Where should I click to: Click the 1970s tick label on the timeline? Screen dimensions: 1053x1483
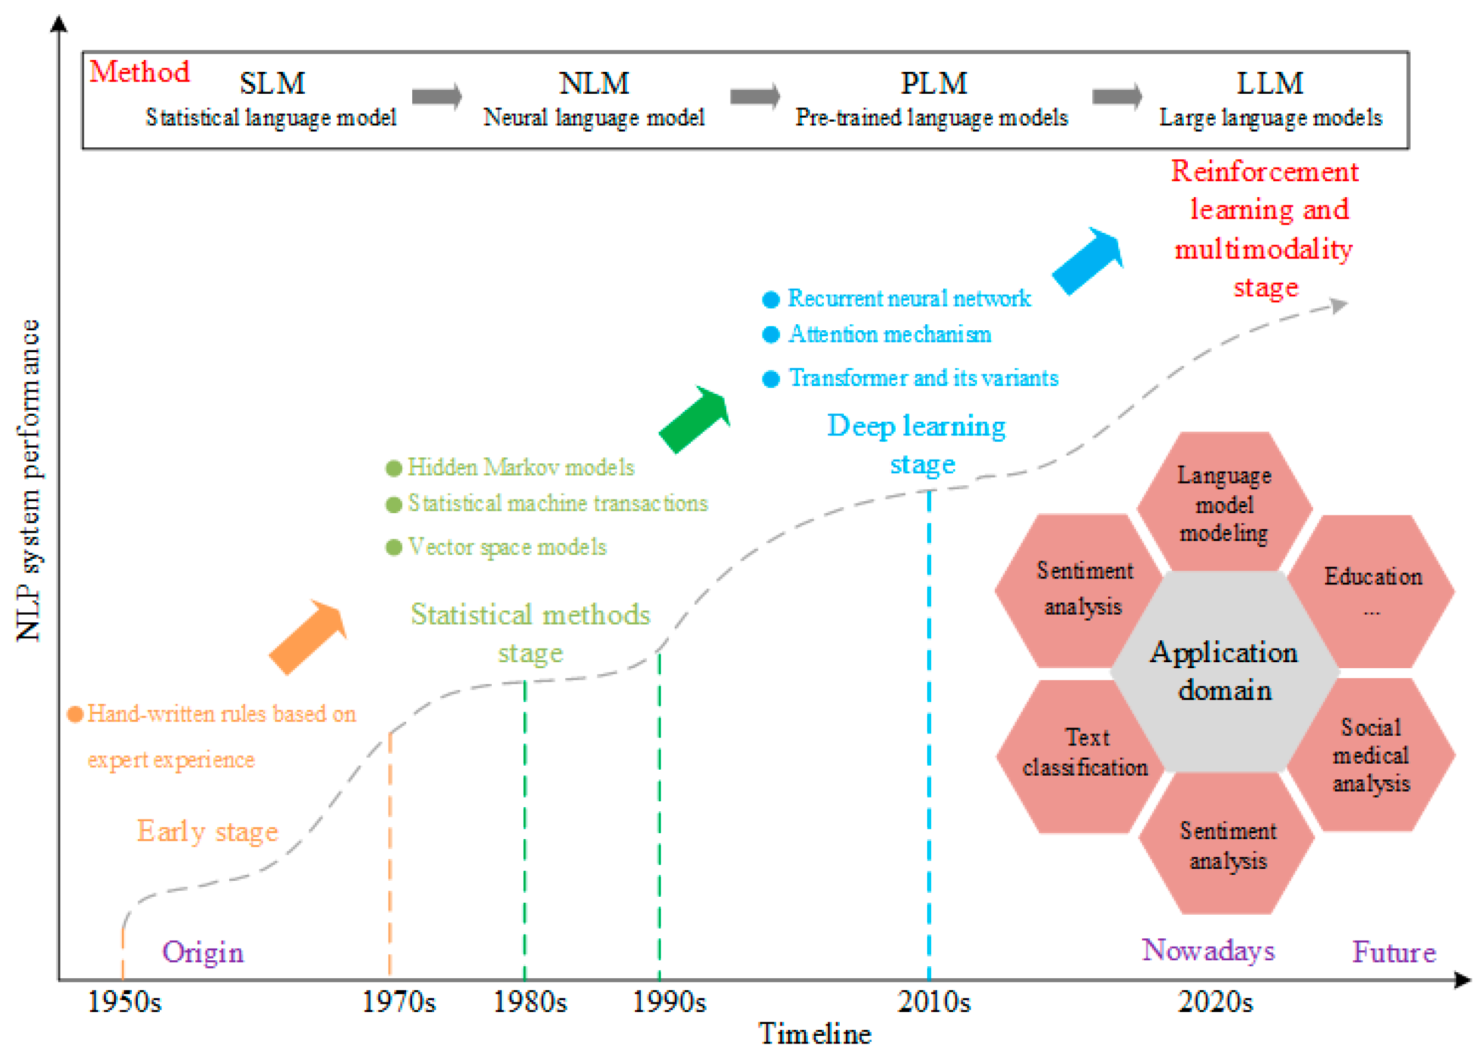tap(398, 1002)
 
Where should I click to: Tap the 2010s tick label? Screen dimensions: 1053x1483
tap(934, 1002)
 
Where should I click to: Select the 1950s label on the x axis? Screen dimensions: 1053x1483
tap(124, 1002)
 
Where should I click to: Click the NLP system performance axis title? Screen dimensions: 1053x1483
tap(28, 480)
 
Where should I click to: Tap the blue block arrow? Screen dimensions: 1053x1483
tap(1087, 261)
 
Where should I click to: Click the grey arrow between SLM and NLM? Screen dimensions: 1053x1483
tap(437, 97)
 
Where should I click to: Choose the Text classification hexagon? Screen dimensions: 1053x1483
tap(1085, 756)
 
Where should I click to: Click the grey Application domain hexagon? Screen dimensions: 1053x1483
tap(1224, 671)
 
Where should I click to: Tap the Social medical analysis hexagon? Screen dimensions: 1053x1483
tap(1371, 755)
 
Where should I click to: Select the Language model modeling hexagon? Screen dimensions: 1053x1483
tap(1224, 502)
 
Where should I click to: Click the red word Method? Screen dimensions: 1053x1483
tap(140, 71)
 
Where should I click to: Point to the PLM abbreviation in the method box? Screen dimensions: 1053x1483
tap(934, 83)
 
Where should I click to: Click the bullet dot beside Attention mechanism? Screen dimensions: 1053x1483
tap(770, 334)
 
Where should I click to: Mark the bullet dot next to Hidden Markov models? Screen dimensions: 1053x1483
tap(394, 468)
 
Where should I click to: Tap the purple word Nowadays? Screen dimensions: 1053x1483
tap(1208, 951)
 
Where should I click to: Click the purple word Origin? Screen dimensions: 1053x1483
tap(203, 952)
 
